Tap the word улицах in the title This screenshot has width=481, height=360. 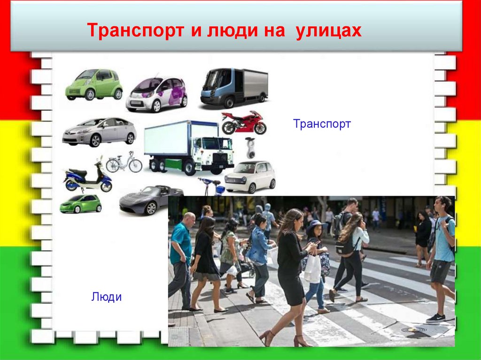point(329,31)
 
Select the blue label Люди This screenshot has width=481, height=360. point(107,297)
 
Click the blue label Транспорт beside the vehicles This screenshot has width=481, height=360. point(322,124)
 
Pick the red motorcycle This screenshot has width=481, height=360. point(244,123)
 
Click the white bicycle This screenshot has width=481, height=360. point(124,163)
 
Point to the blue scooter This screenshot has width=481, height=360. point(88,178)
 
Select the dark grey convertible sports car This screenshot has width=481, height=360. point(150,199)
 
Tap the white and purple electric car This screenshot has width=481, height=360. point(156,94)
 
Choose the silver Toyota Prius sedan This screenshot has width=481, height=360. point(99,131)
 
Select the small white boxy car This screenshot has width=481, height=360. point(250,176)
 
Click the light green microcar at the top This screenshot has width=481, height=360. point(94,84)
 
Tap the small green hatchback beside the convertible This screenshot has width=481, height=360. point(80,204)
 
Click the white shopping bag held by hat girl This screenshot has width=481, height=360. point(312,269)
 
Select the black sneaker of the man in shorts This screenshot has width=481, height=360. point(435,318)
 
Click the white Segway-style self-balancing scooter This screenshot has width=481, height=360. point(250,148)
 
